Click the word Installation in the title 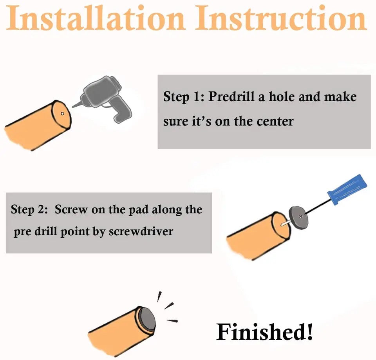pos(96,18)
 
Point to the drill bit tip pos(73,107)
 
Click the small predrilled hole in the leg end pos(62,114)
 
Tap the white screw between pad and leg pos(286,224)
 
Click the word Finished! pos(264,332)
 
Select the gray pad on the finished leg pos(147,320)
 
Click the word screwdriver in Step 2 pos(141,231)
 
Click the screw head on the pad pos(300,216)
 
